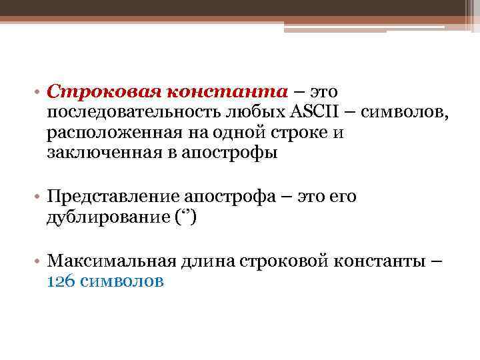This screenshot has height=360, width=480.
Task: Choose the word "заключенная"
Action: (x=93, y=153)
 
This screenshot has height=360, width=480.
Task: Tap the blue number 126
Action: (x=61, y=281)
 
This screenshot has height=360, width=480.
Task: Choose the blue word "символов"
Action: (x=121, y=281)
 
